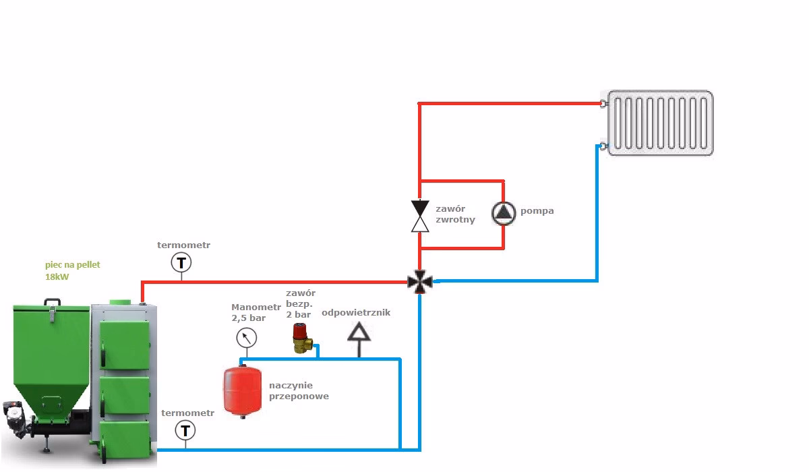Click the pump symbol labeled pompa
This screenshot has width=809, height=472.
(x=504, y=214)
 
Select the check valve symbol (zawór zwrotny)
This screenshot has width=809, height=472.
(x=420, y=216)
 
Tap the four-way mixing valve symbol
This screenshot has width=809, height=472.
(x=419, y=282)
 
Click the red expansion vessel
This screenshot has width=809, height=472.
(x=242, y=392)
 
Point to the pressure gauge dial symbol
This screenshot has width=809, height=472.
(x=247, y=338)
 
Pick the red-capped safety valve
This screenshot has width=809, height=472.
(x=302, y=338)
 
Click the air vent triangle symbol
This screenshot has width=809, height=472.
(x=359, y=332)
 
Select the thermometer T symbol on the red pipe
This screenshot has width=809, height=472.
(x=181, y=262)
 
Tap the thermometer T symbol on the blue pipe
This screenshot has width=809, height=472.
(x=185, y=430)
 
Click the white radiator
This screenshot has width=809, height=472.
(x=660, y=123)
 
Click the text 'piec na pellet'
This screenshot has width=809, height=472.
(x=73, y=265)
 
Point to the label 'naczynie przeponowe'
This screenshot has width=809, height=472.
(x=299, y=390)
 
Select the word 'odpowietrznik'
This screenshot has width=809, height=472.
(x=356, y=312)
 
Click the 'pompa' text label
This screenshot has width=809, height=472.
(x=537, y=211)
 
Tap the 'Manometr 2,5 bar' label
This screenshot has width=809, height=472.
(x=256, y=312)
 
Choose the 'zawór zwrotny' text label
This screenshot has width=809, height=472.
(x=455, y=214)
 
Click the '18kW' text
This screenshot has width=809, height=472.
(x=57, y=277)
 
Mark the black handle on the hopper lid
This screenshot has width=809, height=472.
(x=53, y=301)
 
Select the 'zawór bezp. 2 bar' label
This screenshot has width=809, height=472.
(x=301, y=303)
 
